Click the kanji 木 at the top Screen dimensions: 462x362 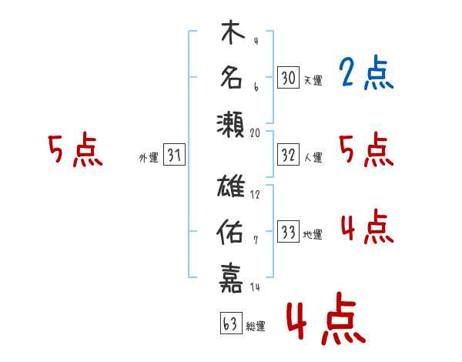[x=232, y=35]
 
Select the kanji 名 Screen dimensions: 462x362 [x=232, y=78]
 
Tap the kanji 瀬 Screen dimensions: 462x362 [x=232, y=122]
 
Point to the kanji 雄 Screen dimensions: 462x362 [x=232, y=188]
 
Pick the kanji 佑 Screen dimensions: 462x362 [x=232, y=230]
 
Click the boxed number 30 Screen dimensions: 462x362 [x=288, y=78]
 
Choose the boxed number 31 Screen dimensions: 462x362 [x=174, y=156]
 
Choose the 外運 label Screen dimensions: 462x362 [x=148, y=158]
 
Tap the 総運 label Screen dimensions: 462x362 [x=256, y=327]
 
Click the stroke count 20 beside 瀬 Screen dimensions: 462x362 [x=256, y=132]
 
